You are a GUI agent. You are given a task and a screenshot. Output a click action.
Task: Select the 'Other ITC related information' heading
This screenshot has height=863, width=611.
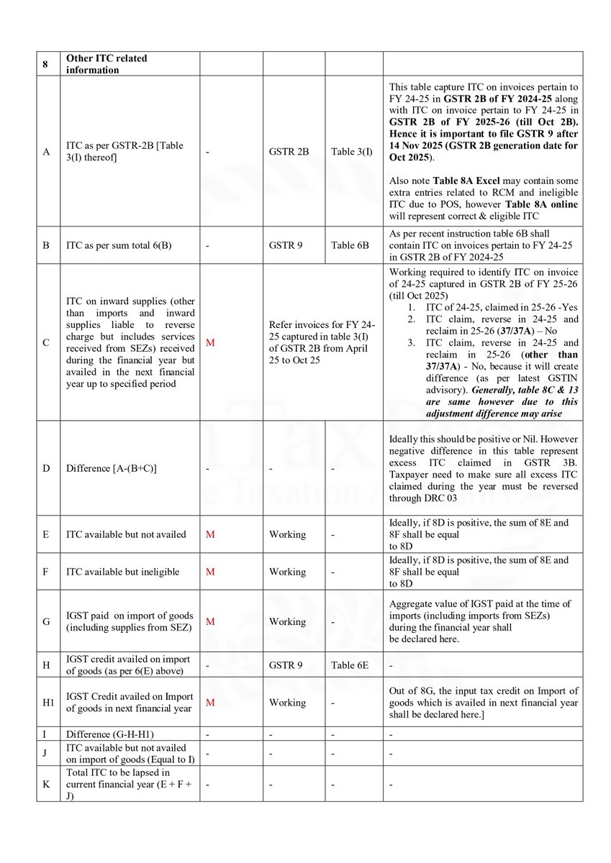click(106, 64)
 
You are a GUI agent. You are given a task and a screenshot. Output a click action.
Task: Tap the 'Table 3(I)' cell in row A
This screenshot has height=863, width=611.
click(353, 152)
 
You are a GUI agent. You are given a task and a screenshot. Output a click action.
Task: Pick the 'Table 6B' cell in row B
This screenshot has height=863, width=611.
click(350, 245)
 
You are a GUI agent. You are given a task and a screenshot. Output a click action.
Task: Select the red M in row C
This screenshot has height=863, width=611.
click(210, 342)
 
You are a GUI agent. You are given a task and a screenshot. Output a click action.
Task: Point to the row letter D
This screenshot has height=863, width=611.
click(46, 468)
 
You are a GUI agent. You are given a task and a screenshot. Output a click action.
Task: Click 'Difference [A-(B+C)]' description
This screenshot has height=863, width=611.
click(105, 468)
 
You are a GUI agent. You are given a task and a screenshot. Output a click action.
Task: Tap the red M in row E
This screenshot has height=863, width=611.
click(210, 534)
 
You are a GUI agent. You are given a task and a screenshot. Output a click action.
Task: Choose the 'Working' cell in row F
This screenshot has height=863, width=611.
click(287, 572)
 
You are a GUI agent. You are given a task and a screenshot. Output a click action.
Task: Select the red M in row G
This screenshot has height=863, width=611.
click(210, 621)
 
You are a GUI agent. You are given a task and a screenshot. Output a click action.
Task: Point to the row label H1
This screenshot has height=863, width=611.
click(47, 703)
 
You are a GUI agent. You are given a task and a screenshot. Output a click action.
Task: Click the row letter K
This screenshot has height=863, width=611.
click(46, 785)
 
